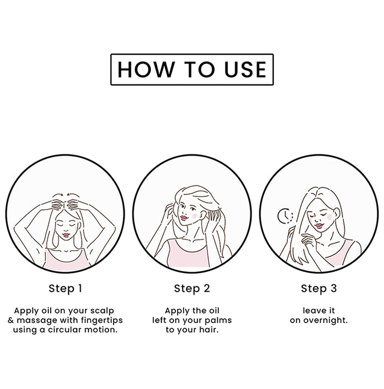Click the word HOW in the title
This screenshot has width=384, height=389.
tap(146, 69)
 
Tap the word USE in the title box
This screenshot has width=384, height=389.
tap(245, 69)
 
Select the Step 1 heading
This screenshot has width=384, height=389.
tap(65, 288)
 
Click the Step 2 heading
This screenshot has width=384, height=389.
tap(192, 288)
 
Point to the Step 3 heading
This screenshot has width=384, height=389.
tap(319, 288)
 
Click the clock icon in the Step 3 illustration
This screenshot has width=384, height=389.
tap(285, 216)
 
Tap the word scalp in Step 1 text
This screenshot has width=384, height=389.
tap(102, 311)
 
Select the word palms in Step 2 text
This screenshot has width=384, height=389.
tap(220, 320)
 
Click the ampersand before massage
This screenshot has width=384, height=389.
tap(11, 320)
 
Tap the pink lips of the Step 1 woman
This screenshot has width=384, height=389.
tap(66, 235)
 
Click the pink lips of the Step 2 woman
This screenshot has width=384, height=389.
tap(183, 218)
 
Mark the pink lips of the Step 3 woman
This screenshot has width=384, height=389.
tap(319, 226)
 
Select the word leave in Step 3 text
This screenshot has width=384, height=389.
tap(312, 311)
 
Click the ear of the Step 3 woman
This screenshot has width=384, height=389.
tap(337, 213)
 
